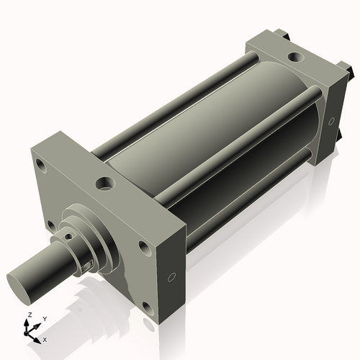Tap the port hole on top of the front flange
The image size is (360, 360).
tap(106, 184)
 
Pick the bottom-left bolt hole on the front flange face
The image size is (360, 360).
tap(52, 225)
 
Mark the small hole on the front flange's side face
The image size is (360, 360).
tap(171, 277)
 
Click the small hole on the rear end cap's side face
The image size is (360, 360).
tap(333, 121)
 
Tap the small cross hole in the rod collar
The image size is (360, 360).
tap(71, 235)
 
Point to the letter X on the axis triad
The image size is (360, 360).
tap(45, 338)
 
